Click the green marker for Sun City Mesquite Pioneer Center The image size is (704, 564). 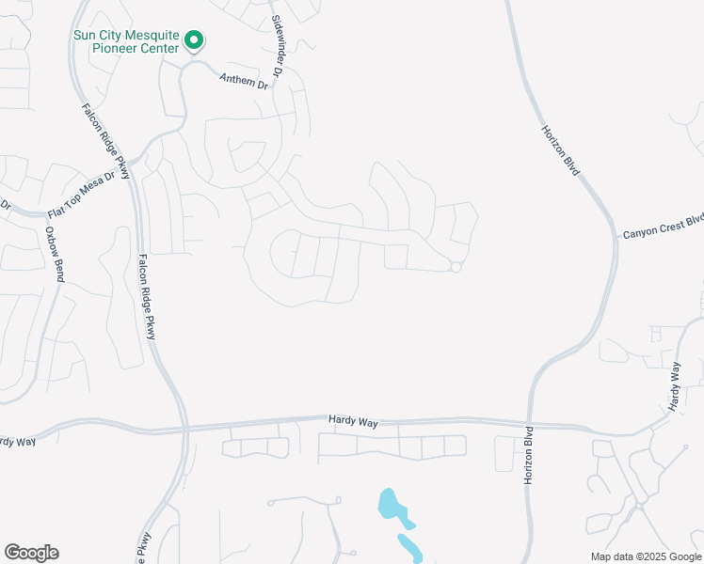pos(194,40)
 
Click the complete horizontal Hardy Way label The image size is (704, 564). pos(353,423)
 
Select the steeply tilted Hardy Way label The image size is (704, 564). pos(674,386)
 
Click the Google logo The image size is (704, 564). pos(31,553)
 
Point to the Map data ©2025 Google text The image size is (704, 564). pos(646,556)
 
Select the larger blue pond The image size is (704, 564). pos(393,508)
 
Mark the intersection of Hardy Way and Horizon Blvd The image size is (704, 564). pos(527,424)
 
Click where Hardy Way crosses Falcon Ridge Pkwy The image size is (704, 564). pos(185,429)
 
